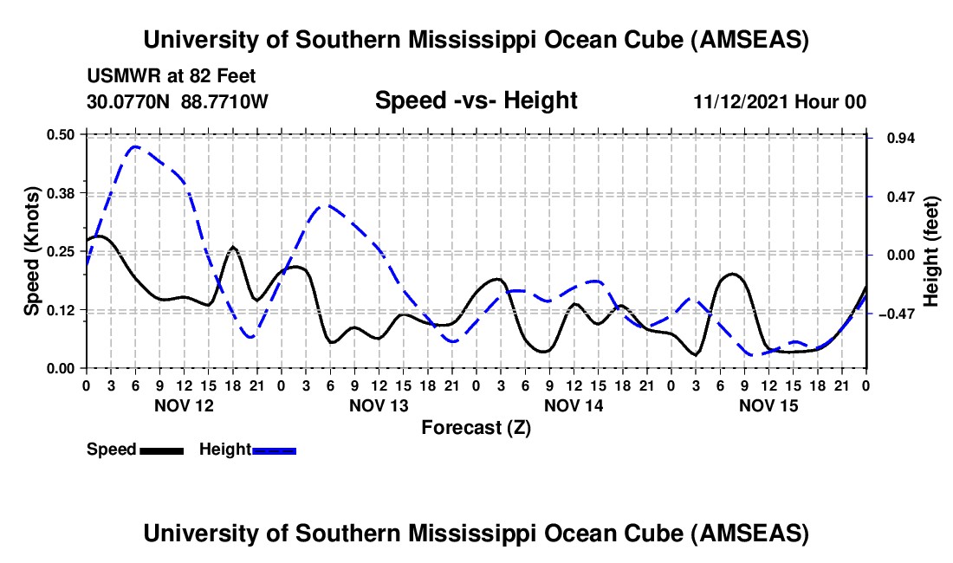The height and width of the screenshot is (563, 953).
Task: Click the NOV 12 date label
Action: (x=183, y=405)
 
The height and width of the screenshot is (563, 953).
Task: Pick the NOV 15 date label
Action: (x=768, y=405)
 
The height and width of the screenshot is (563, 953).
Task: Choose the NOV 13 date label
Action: (x=378, y=405)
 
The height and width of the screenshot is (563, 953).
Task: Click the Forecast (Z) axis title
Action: (x=476, y=427)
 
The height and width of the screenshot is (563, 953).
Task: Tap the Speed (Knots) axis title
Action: (x=31, y=251)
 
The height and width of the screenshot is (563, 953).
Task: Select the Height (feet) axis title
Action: (x=931, y=251)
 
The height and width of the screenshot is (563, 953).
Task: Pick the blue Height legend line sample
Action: (x=274, y=450)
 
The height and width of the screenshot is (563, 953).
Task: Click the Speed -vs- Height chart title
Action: (x=476, y=101)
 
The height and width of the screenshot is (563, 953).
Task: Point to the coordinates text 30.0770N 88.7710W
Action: (x=178, y=102)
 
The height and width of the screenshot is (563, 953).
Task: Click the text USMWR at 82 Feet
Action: (x=171, y=77)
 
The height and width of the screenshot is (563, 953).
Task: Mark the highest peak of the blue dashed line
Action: (x=135, y=146)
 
